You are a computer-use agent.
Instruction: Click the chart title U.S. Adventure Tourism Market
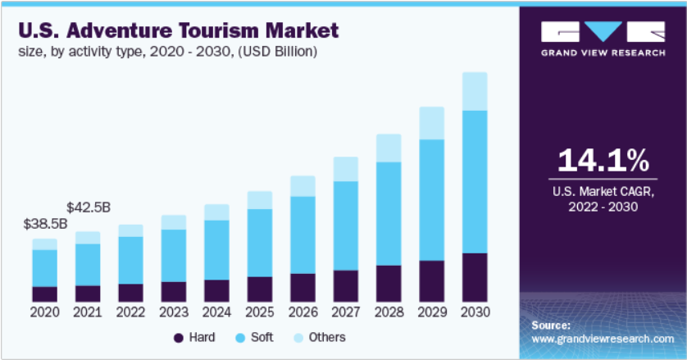[x=176, y=31]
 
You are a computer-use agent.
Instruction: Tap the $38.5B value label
[x=44, y=223]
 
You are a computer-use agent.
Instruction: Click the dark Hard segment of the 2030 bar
[x=475, y=277]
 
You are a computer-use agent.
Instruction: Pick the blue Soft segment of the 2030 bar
[x=475, y=181]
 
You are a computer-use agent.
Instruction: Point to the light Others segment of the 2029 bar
[x=431, y=123]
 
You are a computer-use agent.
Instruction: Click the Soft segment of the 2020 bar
[x=44, y=268]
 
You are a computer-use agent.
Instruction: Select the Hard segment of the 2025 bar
[x=259, y=289]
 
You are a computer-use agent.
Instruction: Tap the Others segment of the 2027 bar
[x=345, y=169]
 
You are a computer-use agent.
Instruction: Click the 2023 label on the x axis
[x=173, y=312]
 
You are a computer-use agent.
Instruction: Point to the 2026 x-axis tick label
[x=303, y=312]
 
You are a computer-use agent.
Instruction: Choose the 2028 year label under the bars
[x=389, y=312]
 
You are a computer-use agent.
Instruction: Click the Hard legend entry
[x=193, y=338]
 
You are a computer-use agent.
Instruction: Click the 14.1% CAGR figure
[x=603, y=161]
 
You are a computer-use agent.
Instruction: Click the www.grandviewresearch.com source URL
[x=603, y=338]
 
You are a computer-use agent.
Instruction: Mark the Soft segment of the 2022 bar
[x=130, y=260]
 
